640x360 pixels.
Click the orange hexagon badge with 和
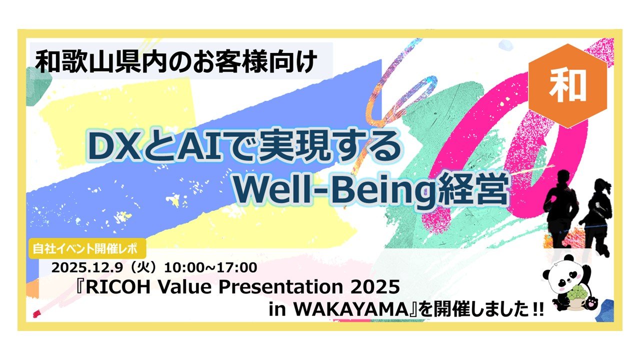(567, 86)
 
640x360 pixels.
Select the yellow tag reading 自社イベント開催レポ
(87, 248)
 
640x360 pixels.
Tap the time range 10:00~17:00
(210, 267)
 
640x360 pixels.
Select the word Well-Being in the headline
(335, 188)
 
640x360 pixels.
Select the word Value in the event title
(184, 287)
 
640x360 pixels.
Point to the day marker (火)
(143, 267)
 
